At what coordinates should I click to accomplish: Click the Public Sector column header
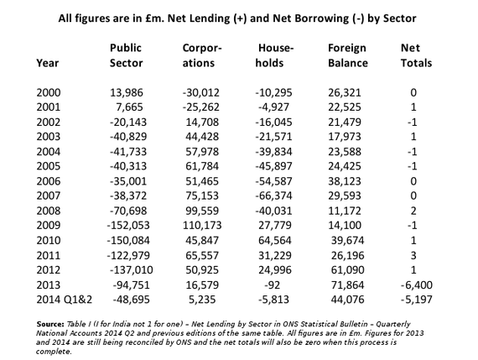(126, 55)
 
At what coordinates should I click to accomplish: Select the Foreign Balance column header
(348, 55)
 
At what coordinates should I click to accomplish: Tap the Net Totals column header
(416, 55)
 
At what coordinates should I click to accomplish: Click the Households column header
(274, 55)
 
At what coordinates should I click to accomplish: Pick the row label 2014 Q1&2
(64, 300)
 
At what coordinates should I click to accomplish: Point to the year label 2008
(49, 211)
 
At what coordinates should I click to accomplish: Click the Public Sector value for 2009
(128, 225)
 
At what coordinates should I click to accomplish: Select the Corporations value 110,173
(202, 225)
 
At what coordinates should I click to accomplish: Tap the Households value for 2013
(273, 285)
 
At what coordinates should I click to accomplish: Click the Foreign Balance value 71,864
(347, 285)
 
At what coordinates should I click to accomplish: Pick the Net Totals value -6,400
(417, 285)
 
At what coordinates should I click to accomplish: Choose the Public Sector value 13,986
(126, 92)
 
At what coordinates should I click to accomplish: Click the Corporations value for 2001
(201, 107)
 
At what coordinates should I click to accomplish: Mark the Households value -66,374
(273, 196)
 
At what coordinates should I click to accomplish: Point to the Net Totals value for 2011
(413, 255)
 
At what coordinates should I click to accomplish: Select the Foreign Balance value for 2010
(347, 240)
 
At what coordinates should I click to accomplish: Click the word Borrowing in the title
(310, 18)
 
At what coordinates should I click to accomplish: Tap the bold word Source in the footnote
(50, 324)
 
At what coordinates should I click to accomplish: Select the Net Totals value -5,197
(417, 300)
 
